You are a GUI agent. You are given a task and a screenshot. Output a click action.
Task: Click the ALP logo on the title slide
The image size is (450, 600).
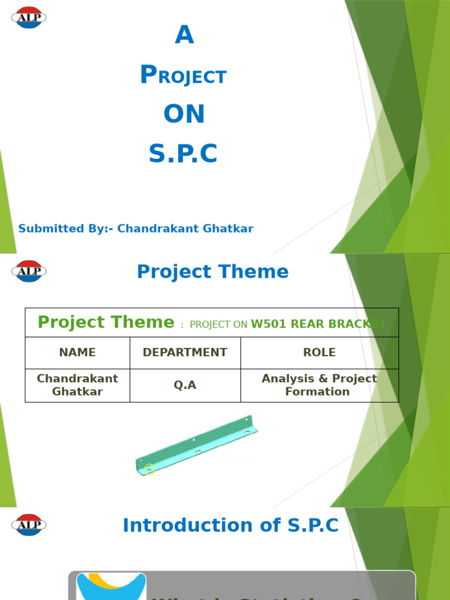pyautogui.click(x=29, y=18)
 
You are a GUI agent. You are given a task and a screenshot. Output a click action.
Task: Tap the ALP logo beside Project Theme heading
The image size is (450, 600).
pyautogui.click(x=29, y=271)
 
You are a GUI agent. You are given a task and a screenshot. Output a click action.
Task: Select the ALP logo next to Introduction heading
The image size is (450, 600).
pyautogui.click(x=29, y=525)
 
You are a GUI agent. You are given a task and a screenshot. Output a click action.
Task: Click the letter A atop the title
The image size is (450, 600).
pyautogui.click(x=184, y=36)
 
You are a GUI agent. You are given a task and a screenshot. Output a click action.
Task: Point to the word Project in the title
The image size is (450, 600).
pyautogui.click(x=183, y=76)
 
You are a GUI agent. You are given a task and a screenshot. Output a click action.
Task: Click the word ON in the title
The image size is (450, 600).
pyautogui.click(x=184, y=114)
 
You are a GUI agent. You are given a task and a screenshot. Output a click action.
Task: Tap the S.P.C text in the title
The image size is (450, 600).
pyautogui.click(x=183, y=154)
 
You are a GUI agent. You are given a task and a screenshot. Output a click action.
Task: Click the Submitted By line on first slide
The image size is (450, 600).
pyautogui.click(x=136, y=229)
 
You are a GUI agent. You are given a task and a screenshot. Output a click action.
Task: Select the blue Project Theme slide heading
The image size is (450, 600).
pyautogui.click(x=213, y=271)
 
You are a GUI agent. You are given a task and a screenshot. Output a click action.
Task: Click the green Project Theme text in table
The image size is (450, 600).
pyautogui.click(x=106, y=322)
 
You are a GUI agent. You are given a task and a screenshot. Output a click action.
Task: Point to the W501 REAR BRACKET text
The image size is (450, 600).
pyautogui.click(x=318, y=324)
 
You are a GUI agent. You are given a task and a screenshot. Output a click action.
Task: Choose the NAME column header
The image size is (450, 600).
pyautogui.click(x=77, y=353)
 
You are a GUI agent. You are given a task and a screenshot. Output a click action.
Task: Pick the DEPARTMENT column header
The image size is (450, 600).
pyautogui.click(x=185, y=353)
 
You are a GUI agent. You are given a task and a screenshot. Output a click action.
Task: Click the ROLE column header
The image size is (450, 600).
pyautogui.click(x=319, y=353)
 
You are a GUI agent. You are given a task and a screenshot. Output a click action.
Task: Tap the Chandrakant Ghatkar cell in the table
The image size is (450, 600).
pyautogui.click(x=77, y=385)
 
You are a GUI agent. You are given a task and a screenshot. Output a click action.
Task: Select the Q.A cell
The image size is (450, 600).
pyautogui.click(x=185, y=385)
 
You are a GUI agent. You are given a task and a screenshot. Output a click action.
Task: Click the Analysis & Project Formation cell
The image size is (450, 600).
pyautogui.click(x=319, y=385)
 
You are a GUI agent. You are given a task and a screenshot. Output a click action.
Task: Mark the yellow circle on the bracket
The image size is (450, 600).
pyautogui.click(x=149, y=469)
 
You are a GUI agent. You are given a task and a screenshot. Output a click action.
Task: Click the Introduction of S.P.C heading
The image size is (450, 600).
pyautogui.click(x=231, y=525)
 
